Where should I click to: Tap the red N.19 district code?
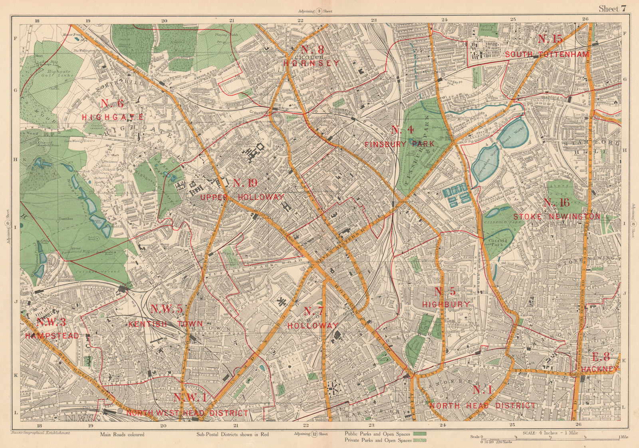[x=245, y=183]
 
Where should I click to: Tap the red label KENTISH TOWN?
[x=165, y=324]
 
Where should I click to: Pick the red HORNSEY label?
[x=312, y=63]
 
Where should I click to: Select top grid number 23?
[x=373, y=19]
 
